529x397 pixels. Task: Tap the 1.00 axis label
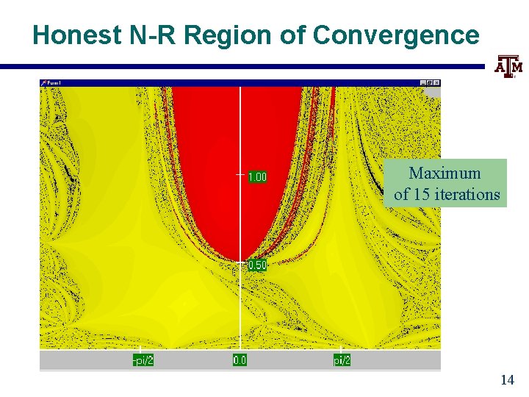[257, 176]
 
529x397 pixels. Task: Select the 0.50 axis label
[257, 265]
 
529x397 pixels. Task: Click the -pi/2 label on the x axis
[143, 360]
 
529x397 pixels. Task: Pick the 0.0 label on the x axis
[240, 360]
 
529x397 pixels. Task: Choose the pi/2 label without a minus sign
[342, 360]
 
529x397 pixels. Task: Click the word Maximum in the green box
[445, 174]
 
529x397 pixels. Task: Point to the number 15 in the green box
[424, 194]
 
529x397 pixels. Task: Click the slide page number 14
[506, 379]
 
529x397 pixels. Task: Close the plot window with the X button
[436, 83]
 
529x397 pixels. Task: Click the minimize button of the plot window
[423, 83]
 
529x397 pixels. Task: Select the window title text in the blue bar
[54, 83]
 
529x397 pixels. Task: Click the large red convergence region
[220, 162]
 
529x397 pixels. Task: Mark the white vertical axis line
[240, 309]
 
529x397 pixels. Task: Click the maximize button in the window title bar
[430, 83]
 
